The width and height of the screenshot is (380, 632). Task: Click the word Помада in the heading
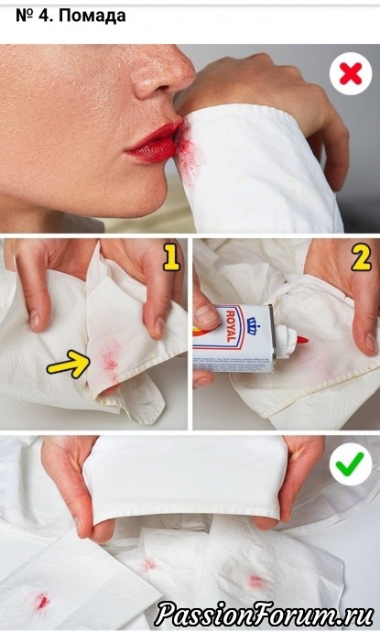point(93,16)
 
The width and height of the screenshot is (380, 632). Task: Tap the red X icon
point(350,74)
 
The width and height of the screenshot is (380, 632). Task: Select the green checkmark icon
point(351,463)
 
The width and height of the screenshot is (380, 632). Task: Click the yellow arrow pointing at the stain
point(68,363)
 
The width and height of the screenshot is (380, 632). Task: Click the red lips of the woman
point(153,142)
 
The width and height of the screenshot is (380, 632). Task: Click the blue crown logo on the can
point(252,326)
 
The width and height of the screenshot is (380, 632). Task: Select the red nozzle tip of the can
point(303,341)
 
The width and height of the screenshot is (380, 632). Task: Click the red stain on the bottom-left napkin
point(41,602)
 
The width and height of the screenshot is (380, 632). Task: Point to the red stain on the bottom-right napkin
point(255,581)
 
